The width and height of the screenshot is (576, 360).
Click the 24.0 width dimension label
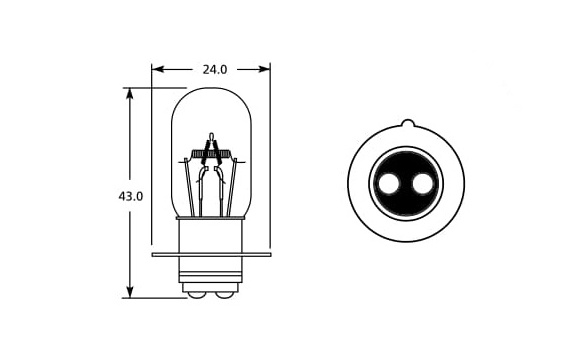pos(215,69)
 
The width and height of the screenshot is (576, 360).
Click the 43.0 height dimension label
pos(130,197)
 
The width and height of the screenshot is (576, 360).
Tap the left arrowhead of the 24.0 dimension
pos(157,69)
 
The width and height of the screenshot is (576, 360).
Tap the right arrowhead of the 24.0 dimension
pos(264,69)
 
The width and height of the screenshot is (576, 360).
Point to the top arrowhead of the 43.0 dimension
pos(129,94)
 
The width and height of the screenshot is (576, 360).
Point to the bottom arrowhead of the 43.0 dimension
pos(129,292)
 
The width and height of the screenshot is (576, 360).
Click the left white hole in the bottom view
pos(389,184)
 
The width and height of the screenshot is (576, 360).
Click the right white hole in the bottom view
pos(423,184)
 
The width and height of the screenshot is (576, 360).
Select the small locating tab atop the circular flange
pos(407,123)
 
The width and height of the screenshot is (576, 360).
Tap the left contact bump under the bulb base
pos(197,295)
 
